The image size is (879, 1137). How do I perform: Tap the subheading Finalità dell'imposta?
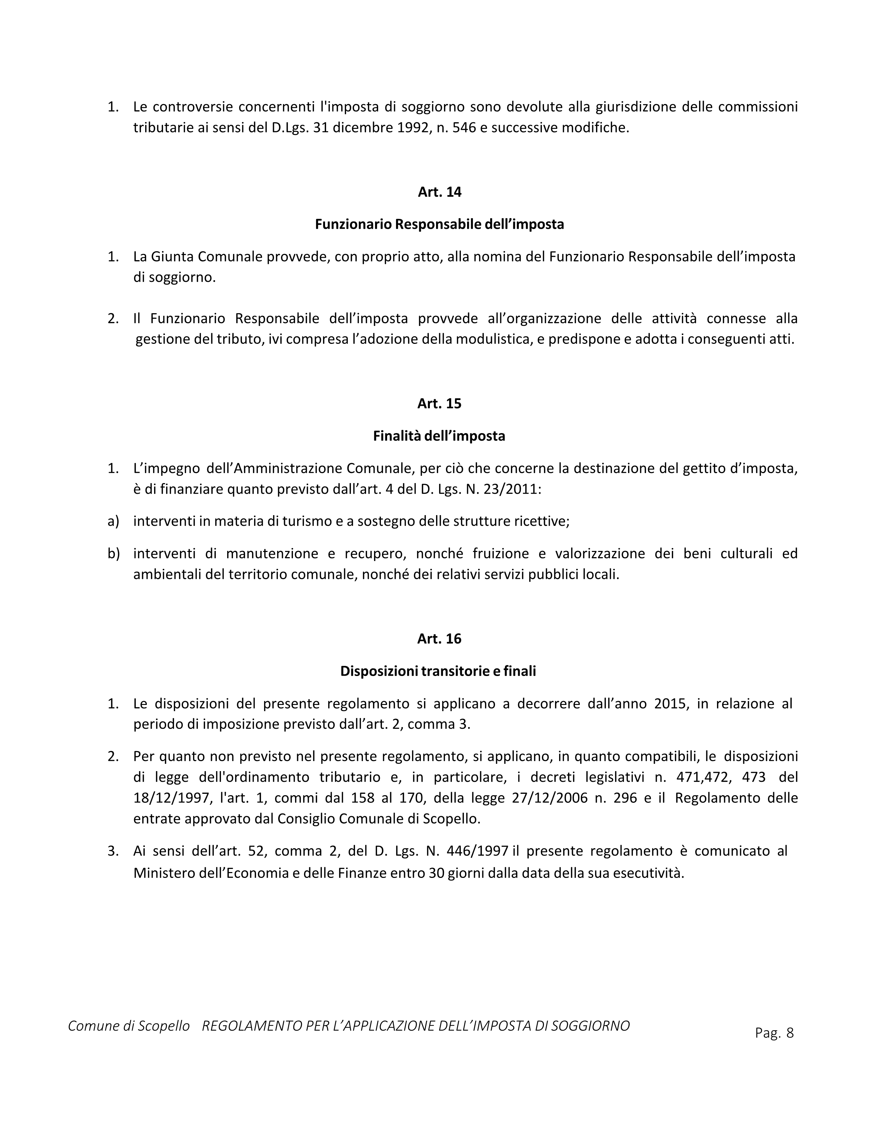439,436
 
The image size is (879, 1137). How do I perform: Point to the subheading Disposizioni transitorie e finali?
438,671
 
